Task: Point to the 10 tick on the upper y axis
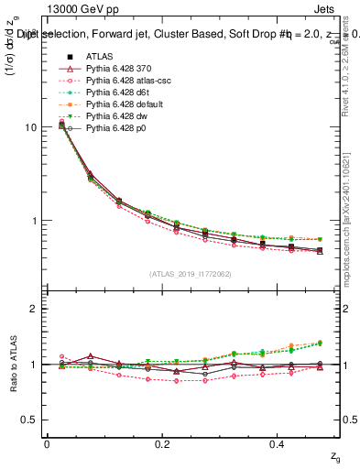click(x=31, y=127)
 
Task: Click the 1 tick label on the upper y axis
click(x=34, y=221)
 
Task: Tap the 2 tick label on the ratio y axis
click(x=34, y=309)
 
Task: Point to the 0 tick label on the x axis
click(x=47, y=443)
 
